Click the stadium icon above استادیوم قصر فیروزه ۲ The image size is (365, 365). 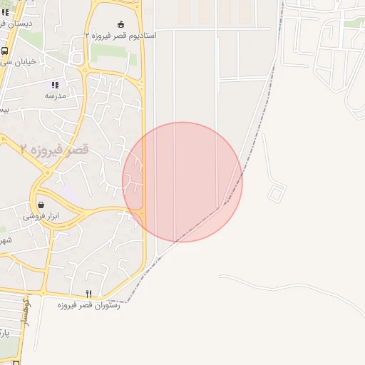pos(120,24)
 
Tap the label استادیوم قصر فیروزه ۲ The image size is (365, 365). pos(120,34)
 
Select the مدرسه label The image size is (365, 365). pos(55,96)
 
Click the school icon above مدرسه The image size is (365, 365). pos(55,85)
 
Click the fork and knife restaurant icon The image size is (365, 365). pos(89,294)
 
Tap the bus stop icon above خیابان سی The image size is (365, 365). pos(5,51)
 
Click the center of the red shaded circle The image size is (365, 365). pos(182,182)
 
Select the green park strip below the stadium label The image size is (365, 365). pos(114,53)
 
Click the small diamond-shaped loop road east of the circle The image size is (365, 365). pos(276,192)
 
